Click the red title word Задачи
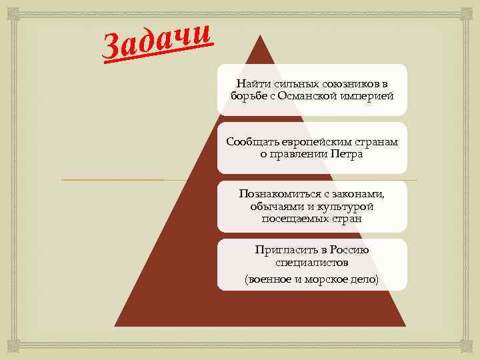[159, 41]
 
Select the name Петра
[346, 154]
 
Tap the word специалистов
[311, 263]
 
